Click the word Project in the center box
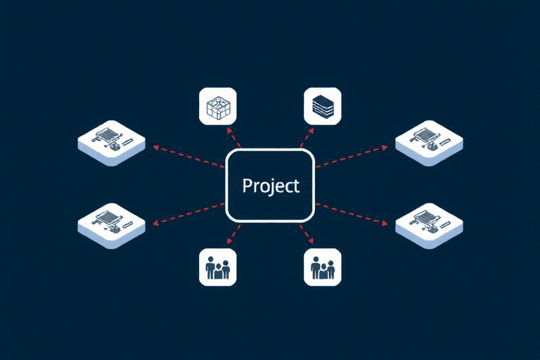click(x=271, y=186)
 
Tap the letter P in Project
click(x=247, y=185)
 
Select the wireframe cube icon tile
click(x=218, y=106)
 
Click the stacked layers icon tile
click(x=323, y=106)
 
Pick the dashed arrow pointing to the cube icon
click(x=233, y=137)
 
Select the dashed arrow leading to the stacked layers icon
click(x=307, y=137)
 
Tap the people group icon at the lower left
click(x=218, y=267)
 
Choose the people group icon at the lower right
click(x=323, y=267)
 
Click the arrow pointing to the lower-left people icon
click(x=233, y=235)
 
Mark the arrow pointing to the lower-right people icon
click(x=307, y=235)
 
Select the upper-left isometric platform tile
click(x=112, y=143)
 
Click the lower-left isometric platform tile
click(x=112, y=226)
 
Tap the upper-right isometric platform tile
click(x=429, y=143)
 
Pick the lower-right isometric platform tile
click(x=429, y=226)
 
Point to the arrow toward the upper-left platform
click(x=188, y=156)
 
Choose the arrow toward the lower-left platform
click(x=188, y=214)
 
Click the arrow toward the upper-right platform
click(x=352, y=156)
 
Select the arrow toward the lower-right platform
click(x=352, y=214)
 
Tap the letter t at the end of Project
click(x=296, y=186)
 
